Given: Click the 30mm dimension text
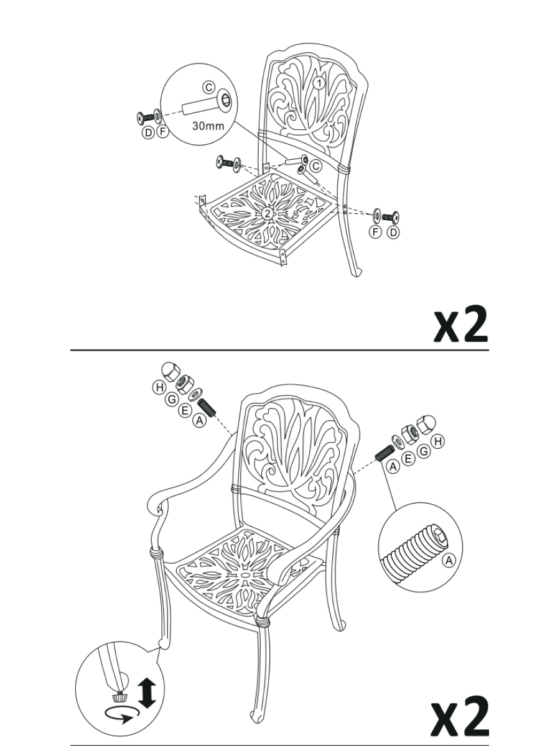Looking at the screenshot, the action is click(208, 126).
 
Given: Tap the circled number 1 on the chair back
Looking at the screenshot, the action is click(319, 83).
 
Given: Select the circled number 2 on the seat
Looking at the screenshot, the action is click(268, 213).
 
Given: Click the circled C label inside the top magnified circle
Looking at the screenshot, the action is click(209, 88).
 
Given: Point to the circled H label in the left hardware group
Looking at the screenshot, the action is click(159, 387).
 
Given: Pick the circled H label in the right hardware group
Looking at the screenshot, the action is click(438, 441).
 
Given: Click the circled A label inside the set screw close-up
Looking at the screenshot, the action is click(449, 560).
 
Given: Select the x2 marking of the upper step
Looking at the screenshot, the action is click(461, 323).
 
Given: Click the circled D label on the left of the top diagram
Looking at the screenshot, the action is click(148, 132).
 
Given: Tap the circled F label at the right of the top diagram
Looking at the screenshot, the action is click(375, 232).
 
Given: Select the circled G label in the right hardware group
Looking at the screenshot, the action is click(423, 451).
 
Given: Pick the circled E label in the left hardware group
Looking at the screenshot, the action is click(185, 410).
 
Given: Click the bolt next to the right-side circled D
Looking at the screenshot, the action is click(391, 216).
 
